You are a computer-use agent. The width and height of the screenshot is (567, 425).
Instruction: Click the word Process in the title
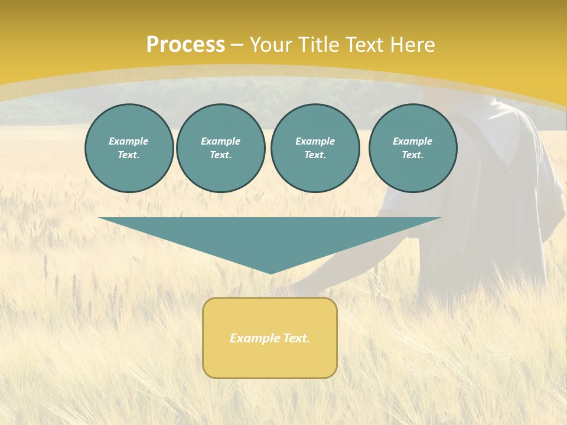pyautogui.click(x=185, y=45)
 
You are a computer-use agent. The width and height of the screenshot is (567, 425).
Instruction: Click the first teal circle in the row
pyautogui.click(x=129, y=148)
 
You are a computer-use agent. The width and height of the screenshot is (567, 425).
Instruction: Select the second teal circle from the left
pyautogui.click(x=221, y=148)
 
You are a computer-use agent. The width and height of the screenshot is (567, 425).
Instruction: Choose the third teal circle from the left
pyautogui.click(x=315, y=148)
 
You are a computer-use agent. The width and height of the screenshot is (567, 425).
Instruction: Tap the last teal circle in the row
pyautogui.click(x=413, y=148)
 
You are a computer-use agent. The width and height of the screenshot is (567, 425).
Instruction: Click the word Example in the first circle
pyautogui.click(x=129, y=141)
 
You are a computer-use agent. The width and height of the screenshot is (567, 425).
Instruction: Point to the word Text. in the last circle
pyautogui.click(x=413, y=155)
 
